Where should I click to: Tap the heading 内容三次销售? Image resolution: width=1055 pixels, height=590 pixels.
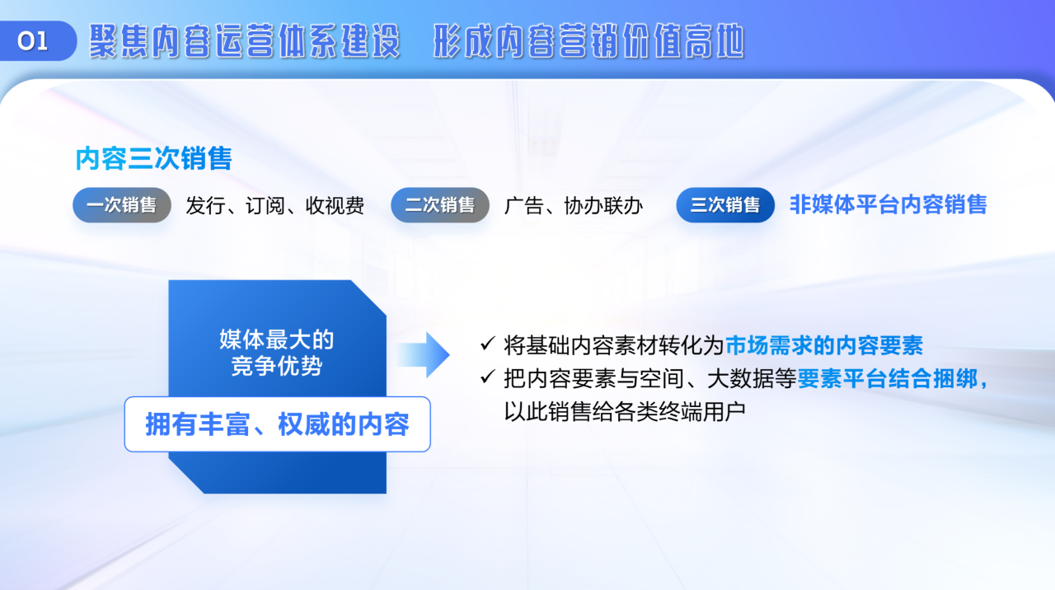pos(154,158)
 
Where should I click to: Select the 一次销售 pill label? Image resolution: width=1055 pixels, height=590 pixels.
pos(121,205)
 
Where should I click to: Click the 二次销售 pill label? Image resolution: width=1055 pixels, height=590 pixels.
pos(440,205)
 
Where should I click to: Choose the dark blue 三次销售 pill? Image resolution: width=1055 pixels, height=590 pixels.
pos(725,205)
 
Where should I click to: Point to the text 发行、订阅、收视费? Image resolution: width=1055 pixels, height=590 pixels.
pos(275,206)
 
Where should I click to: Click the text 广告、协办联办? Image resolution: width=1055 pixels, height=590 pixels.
pos(574,206)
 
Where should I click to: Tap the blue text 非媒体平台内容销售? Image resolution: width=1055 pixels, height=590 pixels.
pos(889,205)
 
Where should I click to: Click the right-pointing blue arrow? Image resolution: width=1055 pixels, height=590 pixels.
pos(424,354)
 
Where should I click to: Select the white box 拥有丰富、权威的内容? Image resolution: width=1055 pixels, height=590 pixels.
pos(278,424)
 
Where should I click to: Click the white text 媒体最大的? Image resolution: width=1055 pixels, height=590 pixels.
pos(276,339)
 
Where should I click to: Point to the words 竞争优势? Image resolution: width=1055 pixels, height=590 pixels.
pos(276,366)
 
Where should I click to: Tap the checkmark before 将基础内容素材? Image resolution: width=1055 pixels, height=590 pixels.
pos(487,344)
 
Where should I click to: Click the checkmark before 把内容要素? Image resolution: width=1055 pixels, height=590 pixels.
pos(487,377)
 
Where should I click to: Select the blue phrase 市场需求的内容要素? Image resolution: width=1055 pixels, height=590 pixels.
pos(824,345)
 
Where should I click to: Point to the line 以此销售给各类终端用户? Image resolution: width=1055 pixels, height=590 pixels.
pos(625,411)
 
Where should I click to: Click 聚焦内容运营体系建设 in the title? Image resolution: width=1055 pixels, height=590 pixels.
pos(245,41)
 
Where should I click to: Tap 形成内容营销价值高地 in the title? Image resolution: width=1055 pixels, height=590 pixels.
pos(588,41)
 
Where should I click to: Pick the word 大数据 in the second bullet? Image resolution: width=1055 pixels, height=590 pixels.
pos(740,378)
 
